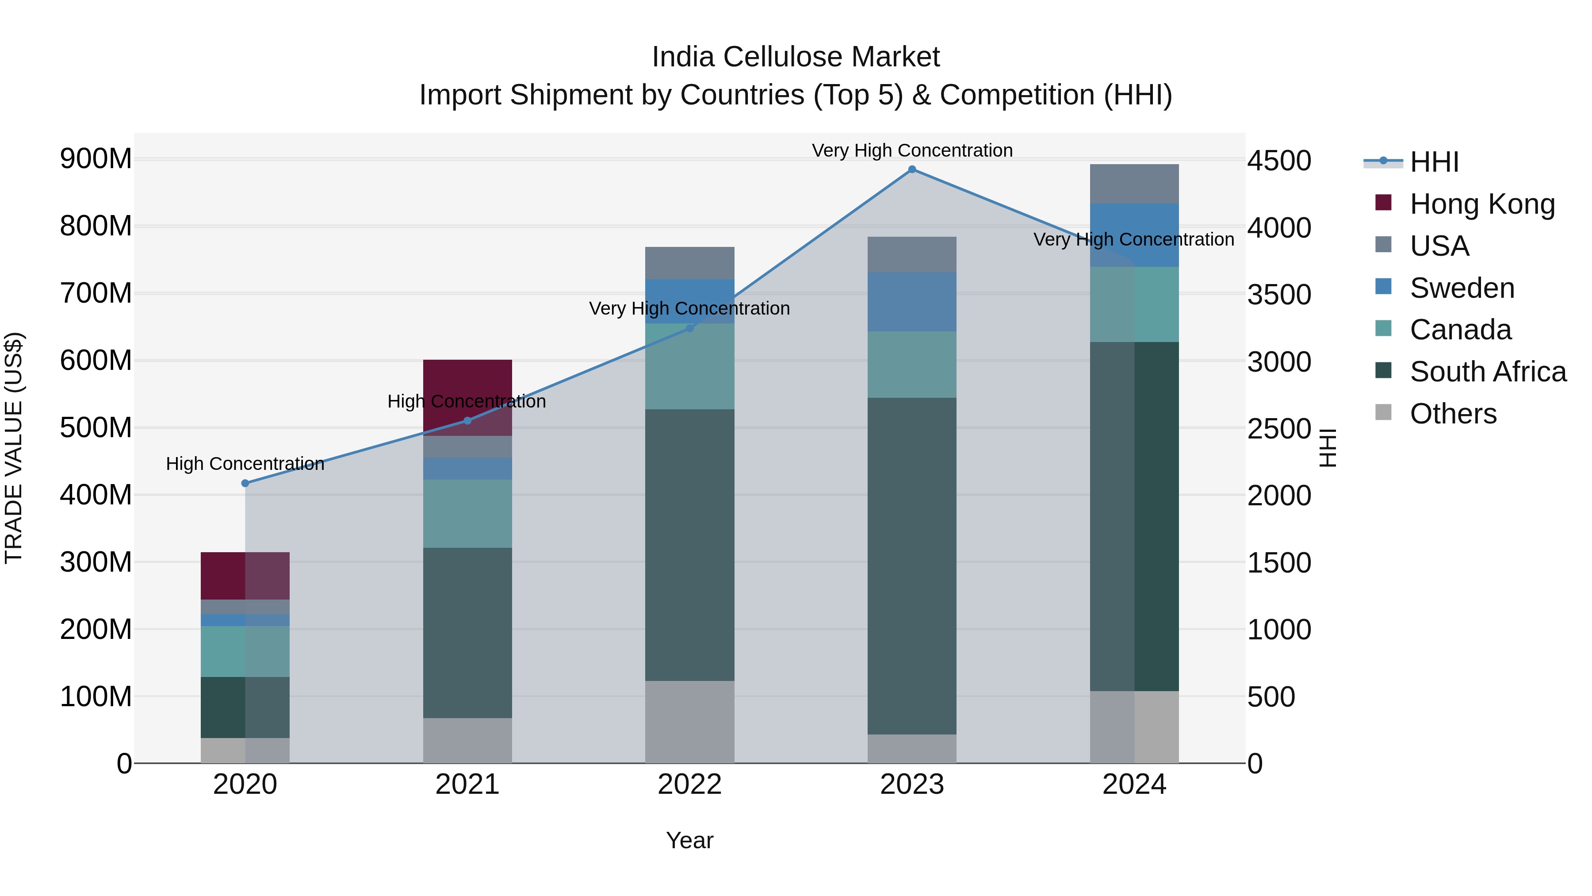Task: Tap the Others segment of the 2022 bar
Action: click(690, 722)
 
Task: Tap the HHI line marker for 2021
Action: click(467, 420)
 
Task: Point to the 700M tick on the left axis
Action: click(96, 293)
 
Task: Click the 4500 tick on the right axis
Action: click(1278, 161)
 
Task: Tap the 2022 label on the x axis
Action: click(690, 784)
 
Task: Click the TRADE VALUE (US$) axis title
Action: click(14, 448)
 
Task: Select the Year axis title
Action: click(690, 840)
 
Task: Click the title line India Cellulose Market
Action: click(796, 57)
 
